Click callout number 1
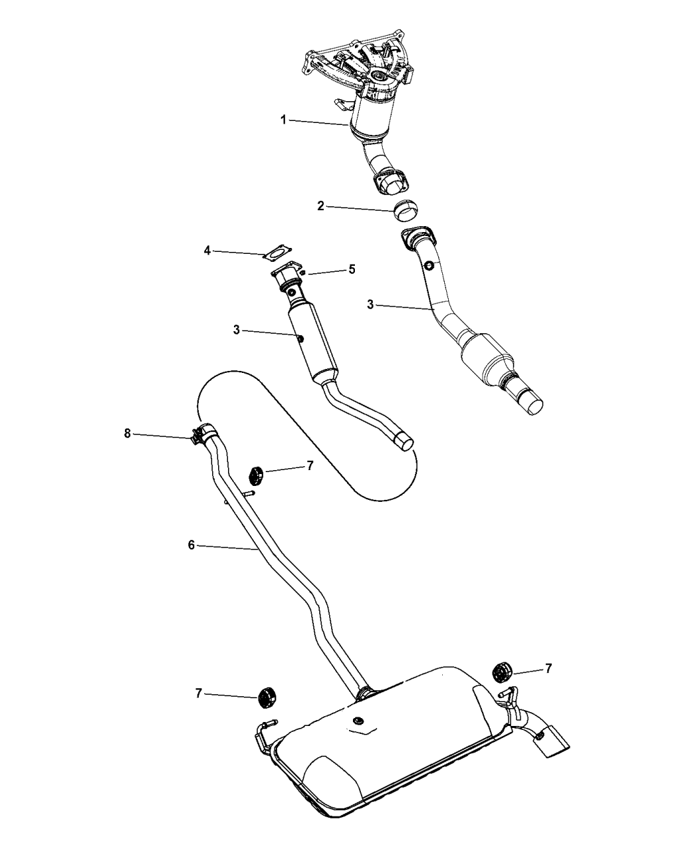(x=283, y=120)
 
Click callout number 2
(x=321, y=206)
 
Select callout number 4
(x=207, y=251)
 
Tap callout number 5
(x=352, y=269)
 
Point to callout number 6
(x=191, y=544)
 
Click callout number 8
(x=128, y=434)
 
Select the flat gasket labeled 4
(x=277, y=252)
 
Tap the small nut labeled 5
(x=302, y=272)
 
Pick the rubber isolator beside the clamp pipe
(x=256, y=475)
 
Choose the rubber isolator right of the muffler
(x=502, y=672)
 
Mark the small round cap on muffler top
(x=358, y=720)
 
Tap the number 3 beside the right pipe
(x=371, y=304)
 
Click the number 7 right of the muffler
(x=547, y=669)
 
